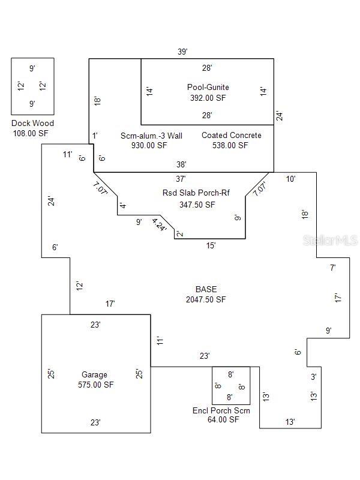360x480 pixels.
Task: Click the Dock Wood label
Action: pyautogui.click(x=32, y=124)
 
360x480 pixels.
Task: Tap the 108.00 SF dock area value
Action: pyautogui.click(x=31, y=133)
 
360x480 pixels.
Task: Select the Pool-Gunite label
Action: pyautogui.click(x=208, y=88)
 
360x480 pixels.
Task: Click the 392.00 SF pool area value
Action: pyautogui.click(x=208, y=97)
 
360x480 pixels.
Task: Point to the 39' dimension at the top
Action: pyautogui.click(x=182, y=52)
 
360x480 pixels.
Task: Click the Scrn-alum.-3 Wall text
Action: pyautogui.click(x=151, y=136)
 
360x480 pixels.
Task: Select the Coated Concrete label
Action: pyautogui.click(x=231, y=136)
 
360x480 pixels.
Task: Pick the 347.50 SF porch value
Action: pyautogui.click(x=197, y=204)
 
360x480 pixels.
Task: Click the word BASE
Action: pyautogui.click(x=206, y=289)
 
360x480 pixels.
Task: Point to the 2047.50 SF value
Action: pyautogui.click(x=206, y=299)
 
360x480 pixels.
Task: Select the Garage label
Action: pyautogui.click(x=94, y=375)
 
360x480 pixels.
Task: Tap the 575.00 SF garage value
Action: pyautogui.click(x=95, y=385)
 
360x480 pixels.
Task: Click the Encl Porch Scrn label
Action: pyautogui.click(x=221, y=410)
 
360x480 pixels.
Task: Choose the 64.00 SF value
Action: pyautogui.click(x=223, y=420)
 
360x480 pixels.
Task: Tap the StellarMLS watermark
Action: pyautogui.click(x=331, y=239)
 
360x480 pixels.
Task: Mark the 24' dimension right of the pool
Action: pyautogui.click(x=279, y=116)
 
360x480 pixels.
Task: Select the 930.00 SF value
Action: pyautogui.click(x=145, y=145)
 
